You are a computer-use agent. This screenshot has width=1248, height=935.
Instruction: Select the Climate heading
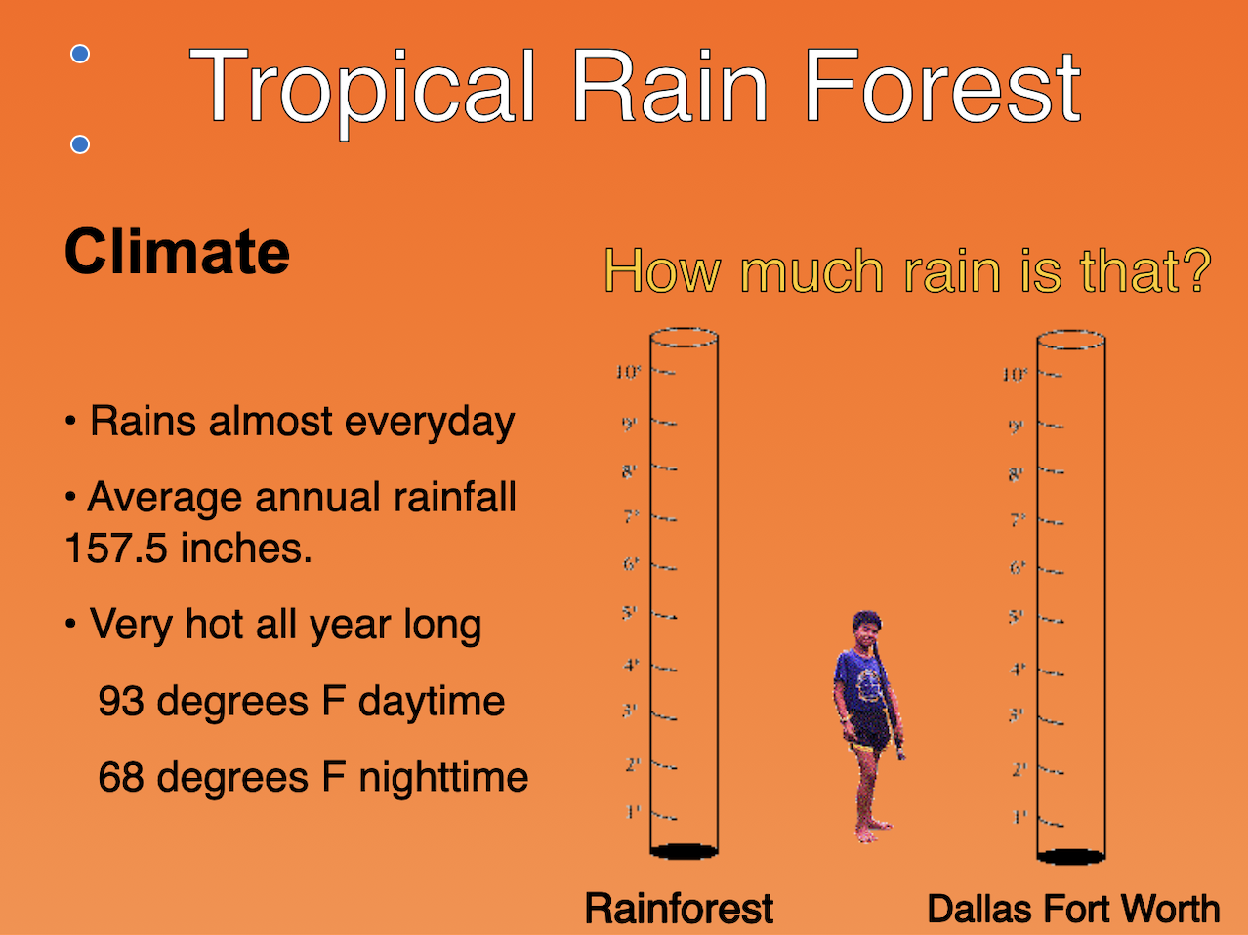tap(177, 252)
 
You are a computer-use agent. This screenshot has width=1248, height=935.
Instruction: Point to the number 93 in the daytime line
tap(120, 702)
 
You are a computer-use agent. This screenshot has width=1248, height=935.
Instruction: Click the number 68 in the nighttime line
tap(120, 778)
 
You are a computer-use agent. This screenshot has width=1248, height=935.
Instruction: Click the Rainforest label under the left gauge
tap(679, 909)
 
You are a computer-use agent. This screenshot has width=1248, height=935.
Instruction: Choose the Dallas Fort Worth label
tap(1073, 909)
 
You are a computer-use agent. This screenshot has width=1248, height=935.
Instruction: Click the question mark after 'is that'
tap(1194, 271)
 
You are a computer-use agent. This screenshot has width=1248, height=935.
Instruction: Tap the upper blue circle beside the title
tap(81, 55)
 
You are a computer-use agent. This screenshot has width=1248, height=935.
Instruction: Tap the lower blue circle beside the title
tap(81, 145)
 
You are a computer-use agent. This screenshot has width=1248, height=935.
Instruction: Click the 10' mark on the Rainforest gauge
tap(628, 372)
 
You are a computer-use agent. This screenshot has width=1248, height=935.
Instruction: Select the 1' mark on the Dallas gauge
tap(1019, 816)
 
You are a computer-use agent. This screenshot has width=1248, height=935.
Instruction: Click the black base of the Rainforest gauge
tap(684, 851)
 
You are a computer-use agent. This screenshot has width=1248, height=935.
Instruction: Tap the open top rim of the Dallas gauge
tap(1070, 340)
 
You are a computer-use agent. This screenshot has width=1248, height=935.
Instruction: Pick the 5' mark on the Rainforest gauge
tap(630, 613)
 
